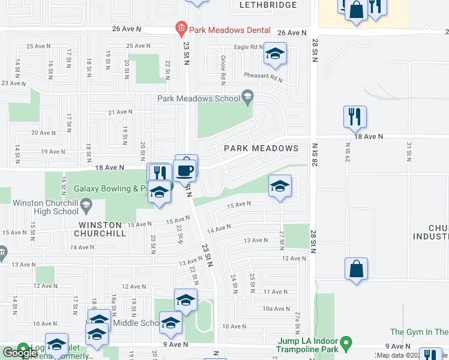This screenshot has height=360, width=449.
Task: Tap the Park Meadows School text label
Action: pyautogui.click(x=197, y=98)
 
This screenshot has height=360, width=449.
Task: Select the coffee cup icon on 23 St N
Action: pyautogui.click(x=185, y=170)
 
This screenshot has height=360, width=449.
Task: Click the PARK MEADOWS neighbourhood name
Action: pyautogui.click(x=261, y=148)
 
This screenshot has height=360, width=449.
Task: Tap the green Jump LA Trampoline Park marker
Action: pyautogui.click(x=346, y=345)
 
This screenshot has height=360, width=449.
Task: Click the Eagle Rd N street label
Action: pyautogui.click(x=249, y=47)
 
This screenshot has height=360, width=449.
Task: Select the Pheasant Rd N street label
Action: pyautogui.click(x=262, y=77)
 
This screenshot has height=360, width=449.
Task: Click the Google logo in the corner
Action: pyautogui.click(x=20, y=352)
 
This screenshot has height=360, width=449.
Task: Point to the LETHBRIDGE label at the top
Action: pyautogui.click(x=268, y=5)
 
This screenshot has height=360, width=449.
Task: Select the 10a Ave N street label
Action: pyautogui.click(x=276, y=308)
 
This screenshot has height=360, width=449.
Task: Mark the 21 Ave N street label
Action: pyautogui.click(x=119, y=112)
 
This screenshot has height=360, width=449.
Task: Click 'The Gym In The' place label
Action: pyautogui.click(x=419, y=332)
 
